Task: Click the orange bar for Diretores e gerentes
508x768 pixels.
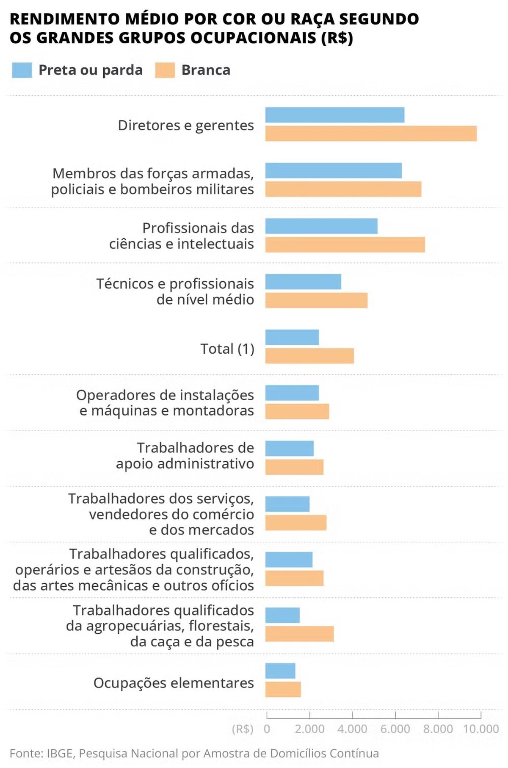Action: click(x=371, y=133)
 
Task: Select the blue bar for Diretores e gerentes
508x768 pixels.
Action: click(x=334, y=115)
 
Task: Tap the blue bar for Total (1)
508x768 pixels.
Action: click(x=292, y=337)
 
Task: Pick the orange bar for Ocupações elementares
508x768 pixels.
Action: click(x=283, y=690)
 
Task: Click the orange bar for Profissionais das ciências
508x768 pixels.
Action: click(x=345, y=245)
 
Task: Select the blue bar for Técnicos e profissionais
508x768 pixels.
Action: click(x=303, y=282)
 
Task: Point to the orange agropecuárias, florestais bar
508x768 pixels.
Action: click(x=299, y=634)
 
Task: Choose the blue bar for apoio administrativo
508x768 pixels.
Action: click(x=290, y=449)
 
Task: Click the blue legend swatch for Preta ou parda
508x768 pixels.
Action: click(x=22, y=70)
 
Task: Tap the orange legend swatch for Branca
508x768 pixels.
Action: click(x=165, y=70)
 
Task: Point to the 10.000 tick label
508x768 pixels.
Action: click(x=481, y=729)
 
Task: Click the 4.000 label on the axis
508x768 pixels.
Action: click(x=352, y=729)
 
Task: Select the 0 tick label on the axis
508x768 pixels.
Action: click(x=267, y=729)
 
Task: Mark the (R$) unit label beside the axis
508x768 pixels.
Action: click(x=243, y=729)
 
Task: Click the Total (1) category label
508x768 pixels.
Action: click(x=227, y=349)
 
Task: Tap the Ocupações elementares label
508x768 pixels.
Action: click(x=174, y=683)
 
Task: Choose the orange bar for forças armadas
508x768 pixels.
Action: click(x=343, y=189)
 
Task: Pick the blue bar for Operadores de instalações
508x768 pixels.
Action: click(x=292, y=393)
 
